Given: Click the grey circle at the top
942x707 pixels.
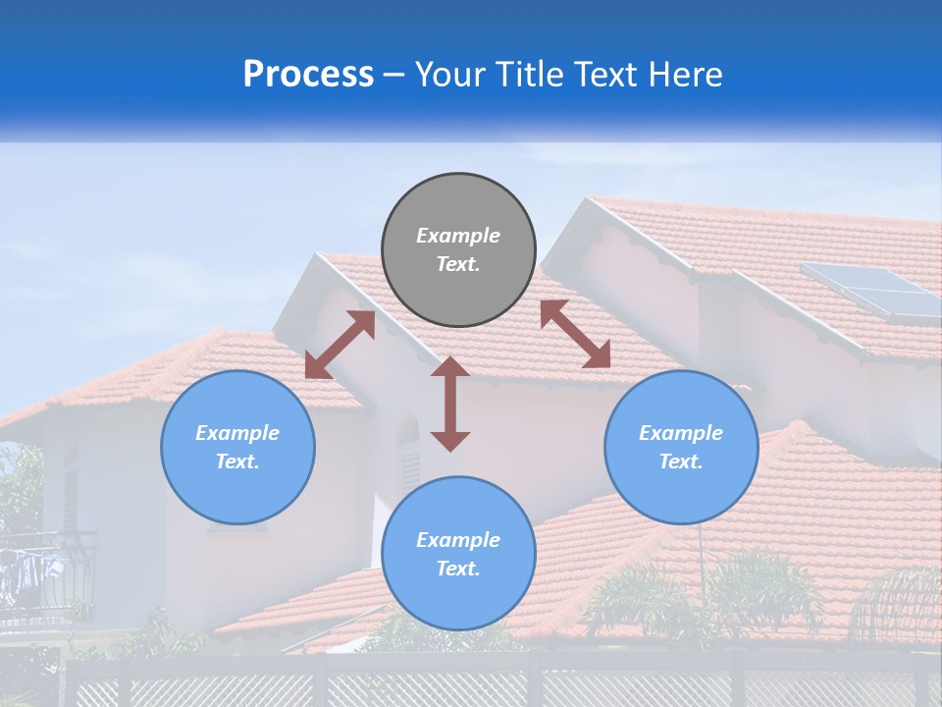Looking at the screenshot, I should (458, 250).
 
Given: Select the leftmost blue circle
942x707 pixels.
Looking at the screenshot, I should (237, 447).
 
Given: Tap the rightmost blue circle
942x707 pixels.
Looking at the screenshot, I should (681, 447).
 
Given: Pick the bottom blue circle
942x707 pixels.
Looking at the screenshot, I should (458, 554).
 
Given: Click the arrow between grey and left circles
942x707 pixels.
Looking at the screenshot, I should (340, 345).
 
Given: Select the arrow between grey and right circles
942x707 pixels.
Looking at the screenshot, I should (575, 334).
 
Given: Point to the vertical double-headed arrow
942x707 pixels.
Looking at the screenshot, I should (450, 404).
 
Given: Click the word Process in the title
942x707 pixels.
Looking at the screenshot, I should (308, 74).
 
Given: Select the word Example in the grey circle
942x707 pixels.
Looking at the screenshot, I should (458, 236).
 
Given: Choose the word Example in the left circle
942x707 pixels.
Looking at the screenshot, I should (237, 433).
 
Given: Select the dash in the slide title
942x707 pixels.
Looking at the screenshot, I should (393, 75).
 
